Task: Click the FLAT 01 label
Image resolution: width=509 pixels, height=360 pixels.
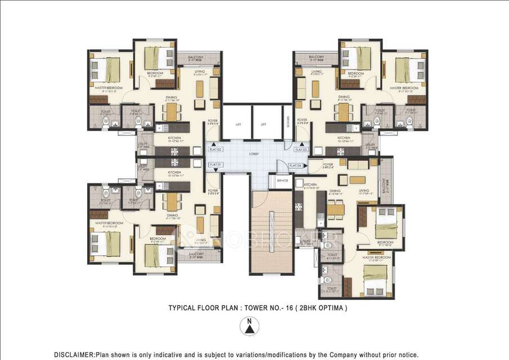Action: [216, 164]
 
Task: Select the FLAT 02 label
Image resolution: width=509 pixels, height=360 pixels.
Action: [216, 150]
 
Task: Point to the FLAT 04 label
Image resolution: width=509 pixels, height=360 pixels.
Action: [296, 165]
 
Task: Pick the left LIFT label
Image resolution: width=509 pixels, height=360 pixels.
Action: [239, 125]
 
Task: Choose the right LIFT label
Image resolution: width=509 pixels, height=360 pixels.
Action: [263, 125]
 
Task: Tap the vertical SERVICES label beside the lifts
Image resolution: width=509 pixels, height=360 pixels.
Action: [287, 121]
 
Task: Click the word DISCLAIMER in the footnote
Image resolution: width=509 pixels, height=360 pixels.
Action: [74, 354]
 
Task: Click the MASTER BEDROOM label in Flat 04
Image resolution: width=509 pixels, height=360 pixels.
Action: [376, 258]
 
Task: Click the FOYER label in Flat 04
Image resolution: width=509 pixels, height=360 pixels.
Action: [329, 165]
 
